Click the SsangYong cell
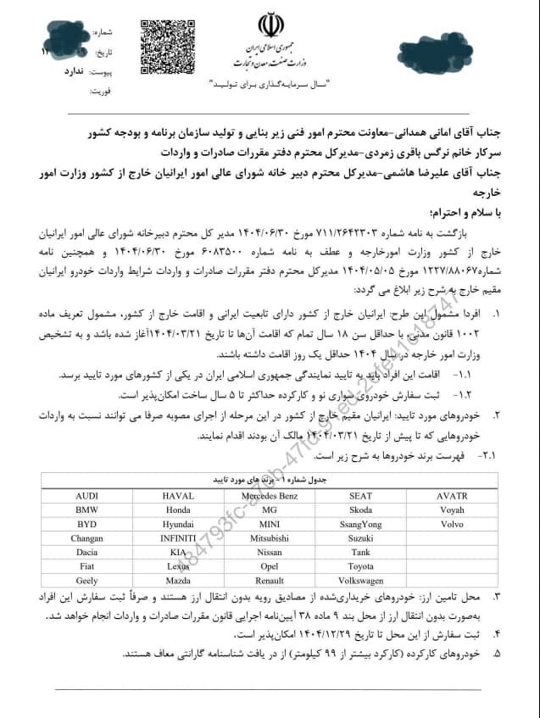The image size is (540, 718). click(x=360, y=524)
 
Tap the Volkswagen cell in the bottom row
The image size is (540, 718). click(x=360, y=582)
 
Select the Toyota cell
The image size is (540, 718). click(x=360, y=567)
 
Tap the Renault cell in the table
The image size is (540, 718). click(x=270, y=582)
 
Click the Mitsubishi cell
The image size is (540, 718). click(x=270, y=538)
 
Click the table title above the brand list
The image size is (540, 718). click(x=270, y=480)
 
